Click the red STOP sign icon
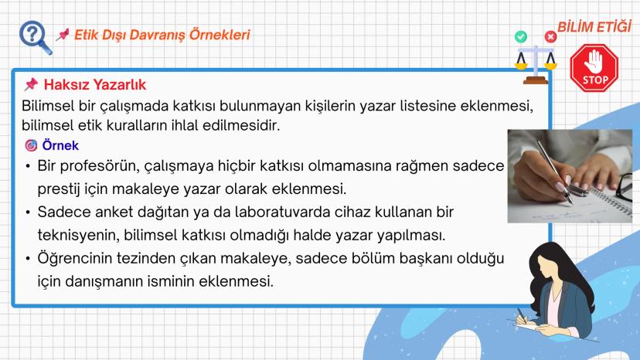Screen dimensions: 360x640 [x=594, y=69]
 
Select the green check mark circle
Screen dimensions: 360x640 [x=521, y=36]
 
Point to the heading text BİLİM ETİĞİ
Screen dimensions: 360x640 [x=596, y=29]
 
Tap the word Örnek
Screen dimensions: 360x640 [x=60, y=145]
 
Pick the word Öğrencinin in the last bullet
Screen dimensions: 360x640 [x=75, y=257]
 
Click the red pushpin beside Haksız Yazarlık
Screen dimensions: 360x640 [x=31, y=85]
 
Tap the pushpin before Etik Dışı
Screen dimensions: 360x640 [x=63, y=36]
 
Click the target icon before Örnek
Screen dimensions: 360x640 [x=31, y=145]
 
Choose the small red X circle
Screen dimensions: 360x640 [x=550, y=36]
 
